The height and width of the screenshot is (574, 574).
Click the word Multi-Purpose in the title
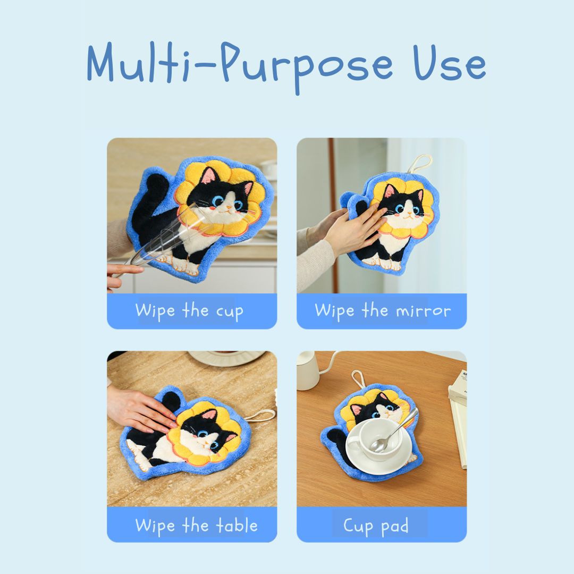click(x=240, y=66)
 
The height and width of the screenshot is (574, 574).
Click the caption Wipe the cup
click(x=189, y=311)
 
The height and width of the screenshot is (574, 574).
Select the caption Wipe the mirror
click(x=383, y=311)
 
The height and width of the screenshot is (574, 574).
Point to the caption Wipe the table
click(x=197, y=526)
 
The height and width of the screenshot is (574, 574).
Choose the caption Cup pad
click(x=376, y=526)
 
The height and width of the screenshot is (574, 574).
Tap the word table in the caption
click(x=237, y=526)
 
